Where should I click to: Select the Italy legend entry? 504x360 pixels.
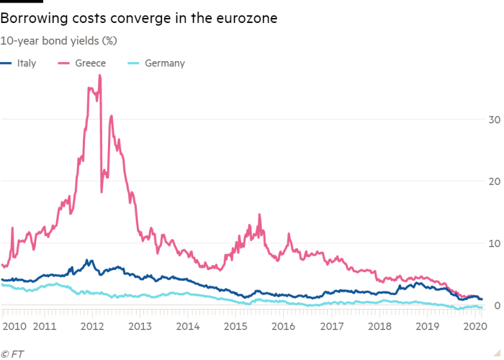point(26,63)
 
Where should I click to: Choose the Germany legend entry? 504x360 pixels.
point(164,63)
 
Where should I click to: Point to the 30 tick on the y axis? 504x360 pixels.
point(492,120)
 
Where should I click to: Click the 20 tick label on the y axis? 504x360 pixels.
point(492,181)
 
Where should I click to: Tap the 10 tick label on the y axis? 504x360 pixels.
point(492,243)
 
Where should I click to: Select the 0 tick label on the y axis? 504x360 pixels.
point(494,306)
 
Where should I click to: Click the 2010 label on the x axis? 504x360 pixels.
point(14,327)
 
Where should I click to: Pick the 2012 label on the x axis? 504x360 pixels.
point(92,327)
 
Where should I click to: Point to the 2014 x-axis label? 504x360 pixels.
point(188,327)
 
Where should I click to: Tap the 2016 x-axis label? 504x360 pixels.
point(283,327)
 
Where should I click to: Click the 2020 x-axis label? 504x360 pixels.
point(471,327)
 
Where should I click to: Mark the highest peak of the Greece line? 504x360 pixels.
point(99,75)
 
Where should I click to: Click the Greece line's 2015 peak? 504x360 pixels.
point(259,214)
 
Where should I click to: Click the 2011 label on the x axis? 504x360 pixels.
point(45,327)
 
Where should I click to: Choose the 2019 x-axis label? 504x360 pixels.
point(426,327)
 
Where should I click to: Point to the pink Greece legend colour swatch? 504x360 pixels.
point(70,63)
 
